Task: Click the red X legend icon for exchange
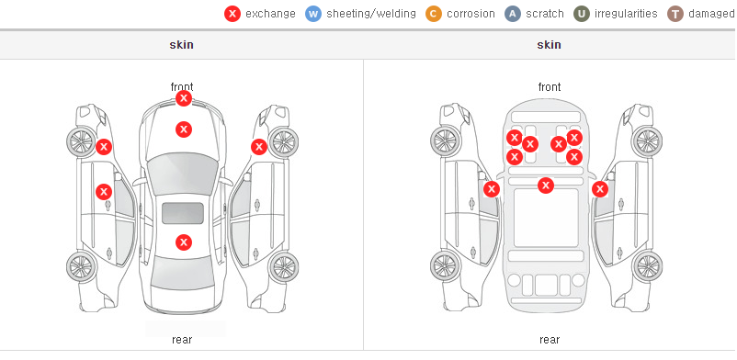tap(232, 14)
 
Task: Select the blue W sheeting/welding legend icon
tap(313, 14)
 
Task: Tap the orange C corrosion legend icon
tap(434, 14)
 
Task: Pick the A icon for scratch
tap(513, 14)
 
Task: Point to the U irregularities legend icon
tap(582, 14)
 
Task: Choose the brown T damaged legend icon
tap(675, 14)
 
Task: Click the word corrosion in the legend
tap(471, 14)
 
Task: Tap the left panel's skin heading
tap(181, 45)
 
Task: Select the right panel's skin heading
tap(549, 45)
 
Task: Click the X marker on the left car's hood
tap(184, 129)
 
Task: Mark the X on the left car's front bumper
tap(184, 98)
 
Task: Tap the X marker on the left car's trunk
tap(184, 242)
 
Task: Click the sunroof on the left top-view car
tap(183, 213)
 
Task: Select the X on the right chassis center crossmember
tap(546, 186)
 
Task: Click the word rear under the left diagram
tap(182, 340)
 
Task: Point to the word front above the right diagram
tap(550, 87)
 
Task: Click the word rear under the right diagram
tap(550, 340)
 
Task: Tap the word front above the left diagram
tap(182, 87)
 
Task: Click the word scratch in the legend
tap(545, 14)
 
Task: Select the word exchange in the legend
tap(270, 14)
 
